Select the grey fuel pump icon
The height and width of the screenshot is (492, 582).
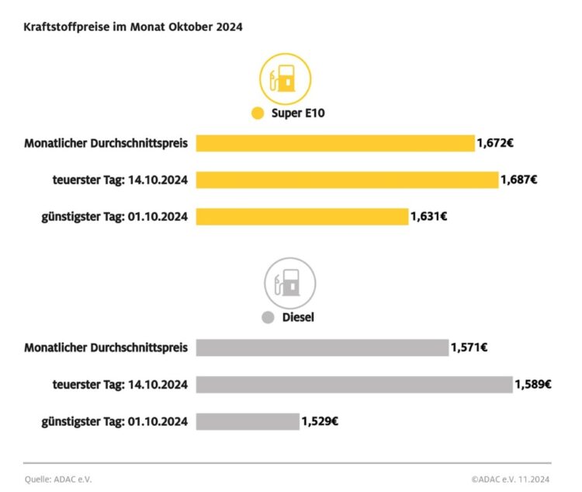290,283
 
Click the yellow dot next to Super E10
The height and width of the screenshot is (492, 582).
258,113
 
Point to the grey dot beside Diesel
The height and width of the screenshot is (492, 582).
268,318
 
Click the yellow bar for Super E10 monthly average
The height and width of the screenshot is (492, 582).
334,143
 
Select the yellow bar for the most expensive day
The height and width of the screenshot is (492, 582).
347,180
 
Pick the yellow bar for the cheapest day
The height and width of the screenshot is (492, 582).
302,216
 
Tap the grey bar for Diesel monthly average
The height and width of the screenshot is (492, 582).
322,347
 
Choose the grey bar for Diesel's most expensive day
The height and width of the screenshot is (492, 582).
354,384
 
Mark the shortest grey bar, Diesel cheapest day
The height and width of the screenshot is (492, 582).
247,421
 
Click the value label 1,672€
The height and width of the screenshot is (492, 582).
495,143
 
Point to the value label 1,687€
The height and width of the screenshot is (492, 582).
519,180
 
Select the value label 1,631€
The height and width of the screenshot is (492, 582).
428,216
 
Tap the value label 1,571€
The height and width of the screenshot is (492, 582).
469,347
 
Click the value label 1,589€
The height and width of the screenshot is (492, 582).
533,384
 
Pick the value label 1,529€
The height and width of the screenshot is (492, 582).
320,421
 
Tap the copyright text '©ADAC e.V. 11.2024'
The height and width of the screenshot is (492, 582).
511,479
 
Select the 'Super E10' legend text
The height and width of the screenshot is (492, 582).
297,113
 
